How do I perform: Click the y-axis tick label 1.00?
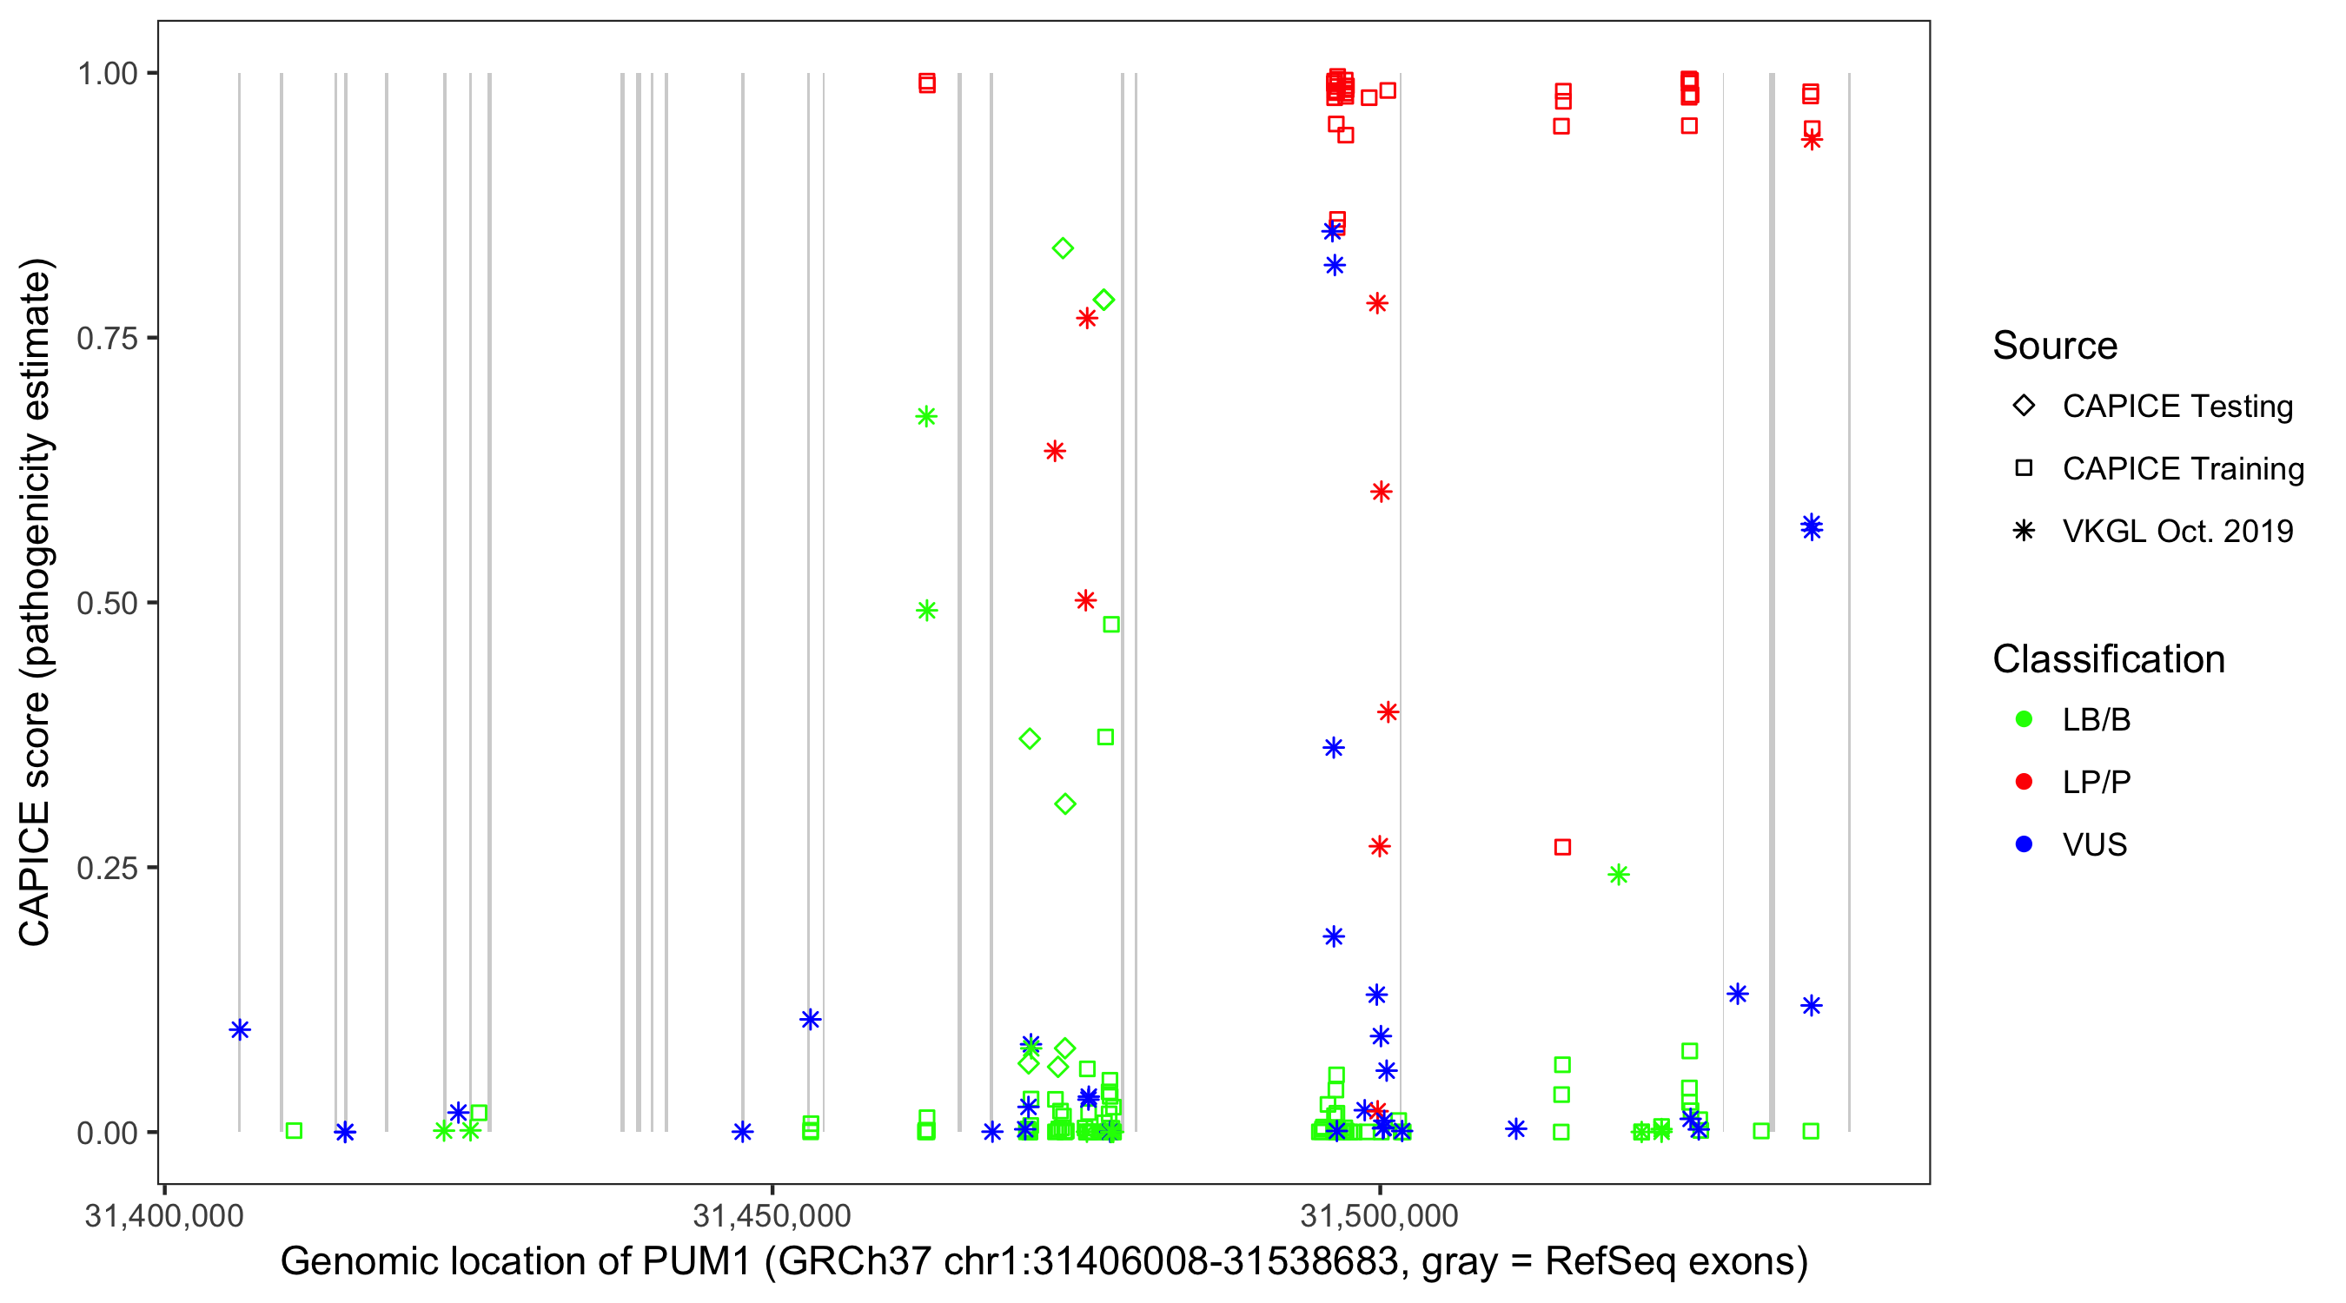tap(107, 73)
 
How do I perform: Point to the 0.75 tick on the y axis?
tap(107, 338)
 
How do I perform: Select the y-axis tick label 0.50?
tap(107, 603)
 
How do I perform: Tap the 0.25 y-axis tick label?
tap(107, 868)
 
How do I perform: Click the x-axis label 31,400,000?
tap(164, 1215)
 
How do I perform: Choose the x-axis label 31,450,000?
tap(772, 1215)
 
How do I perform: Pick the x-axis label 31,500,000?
tap(1379, 1215)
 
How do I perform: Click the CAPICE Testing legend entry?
tap(2177, 407)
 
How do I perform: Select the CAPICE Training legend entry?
tap(2182, 469)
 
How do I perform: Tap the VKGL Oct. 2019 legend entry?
tap(2177, 531)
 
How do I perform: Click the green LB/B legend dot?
tap(2024, 719)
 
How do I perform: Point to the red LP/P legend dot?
tap(2024, 782)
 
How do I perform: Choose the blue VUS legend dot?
tap(2024, 844)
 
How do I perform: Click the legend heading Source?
tap(2055, 346)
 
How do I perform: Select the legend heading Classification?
tap(2108, 659)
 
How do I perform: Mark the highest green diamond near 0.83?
tap(1062, 248)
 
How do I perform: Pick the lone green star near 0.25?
tap(1617, 875)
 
